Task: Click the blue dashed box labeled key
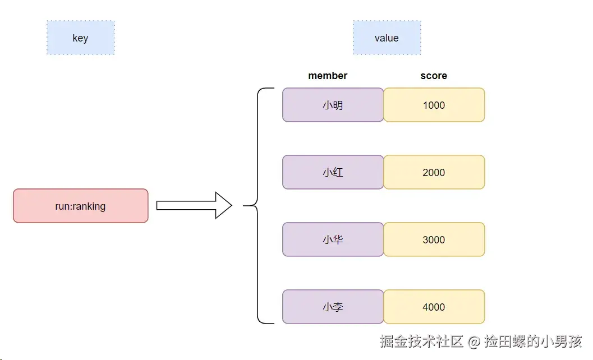tap(80, 38)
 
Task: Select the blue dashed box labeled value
tap(387, 38)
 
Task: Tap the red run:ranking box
tap(80, 206)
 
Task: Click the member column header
tap(328, 76)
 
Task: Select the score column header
tap(434, 76)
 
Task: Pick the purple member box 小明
tap(333, 105)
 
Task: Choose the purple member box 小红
tap(333, 172)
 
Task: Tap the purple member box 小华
tap(333, 239)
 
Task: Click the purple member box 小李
tap(333, 307)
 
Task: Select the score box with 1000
tap(434, 105)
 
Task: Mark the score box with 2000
tap(434, 172)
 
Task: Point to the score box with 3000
tap(434, 239)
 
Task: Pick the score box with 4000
tap(434, 307)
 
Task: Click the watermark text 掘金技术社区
tap(421, 341)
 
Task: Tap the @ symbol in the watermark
tap(475, 341)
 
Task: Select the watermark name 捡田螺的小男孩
tap(534, 341)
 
